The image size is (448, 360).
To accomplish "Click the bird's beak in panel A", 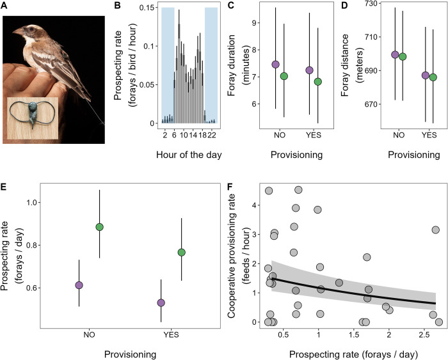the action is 18,31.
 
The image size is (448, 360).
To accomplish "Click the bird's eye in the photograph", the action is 31,29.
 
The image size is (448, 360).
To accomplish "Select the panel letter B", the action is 117,5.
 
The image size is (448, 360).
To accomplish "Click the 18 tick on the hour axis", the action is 202,135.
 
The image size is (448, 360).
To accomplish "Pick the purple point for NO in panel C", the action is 275,64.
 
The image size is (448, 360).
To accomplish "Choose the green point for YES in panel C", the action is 317,82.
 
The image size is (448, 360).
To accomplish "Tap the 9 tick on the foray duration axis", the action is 253,23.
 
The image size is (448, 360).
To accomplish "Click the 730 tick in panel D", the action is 371,3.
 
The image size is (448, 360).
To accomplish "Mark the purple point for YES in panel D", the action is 426,75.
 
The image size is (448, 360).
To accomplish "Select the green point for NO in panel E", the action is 99,227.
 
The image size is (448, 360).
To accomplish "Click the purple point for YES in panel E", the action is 161,302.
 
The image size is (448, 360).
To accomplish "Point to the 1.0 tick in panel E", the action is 31,203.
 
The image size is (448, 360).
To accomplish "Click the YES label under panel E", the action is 171,334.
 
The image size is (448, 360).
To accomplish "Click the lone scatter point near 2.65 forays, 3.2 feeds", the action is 435,230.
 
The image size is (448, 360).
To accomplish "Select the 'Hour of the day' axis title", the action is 189,155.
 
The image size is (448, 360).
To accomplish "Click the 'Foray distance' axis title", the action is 345,65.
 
